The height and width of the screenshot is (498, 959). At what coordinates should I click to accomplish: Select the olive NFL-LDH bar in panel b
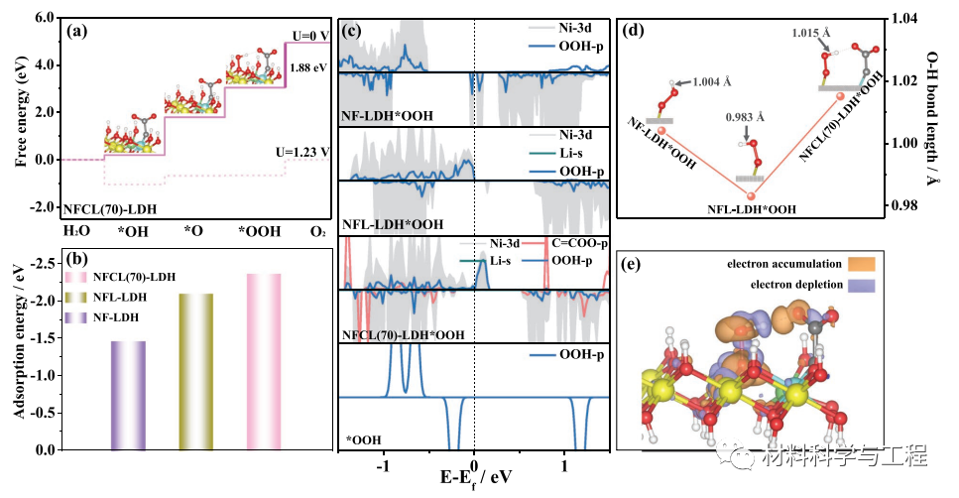(x=195, y=371)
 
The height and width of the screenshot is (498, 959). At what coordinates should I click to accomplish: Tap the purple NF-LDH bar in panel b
(x=128, y=395)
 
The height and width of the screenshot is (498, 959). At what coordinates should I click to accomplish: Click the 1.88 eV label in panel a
(x=301, y=68)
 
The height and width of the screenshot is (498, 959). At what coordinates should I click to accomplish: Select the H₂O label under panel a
(x=76, y=231)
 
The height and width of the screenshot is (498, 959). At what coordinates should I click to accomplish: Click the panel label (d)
(x=633, y=30)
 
